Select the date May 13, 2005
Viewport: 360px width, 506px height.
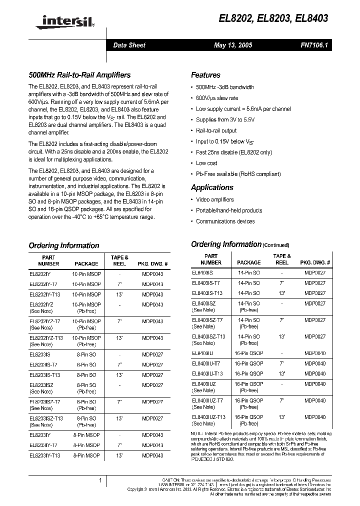[233, 45]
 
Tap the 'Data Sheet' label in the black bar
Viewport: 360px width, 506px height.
[129, 45]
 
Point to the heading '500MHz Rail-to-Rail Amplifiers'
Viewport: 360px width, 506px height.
[79, 75]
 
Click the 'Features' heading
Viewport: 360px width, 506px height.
[205, 75]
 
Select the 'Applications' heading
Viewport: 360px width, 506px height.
[212, 187]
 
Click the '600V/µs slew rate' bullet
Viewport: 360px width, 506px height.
[217, 98]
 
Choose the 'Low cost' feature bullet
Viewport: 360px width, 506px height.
[206, 163]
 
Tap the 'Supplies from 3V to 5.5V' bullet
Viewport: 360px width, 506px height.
[225, 120]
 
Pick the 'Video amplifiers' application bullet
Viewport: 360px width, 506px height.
[215, 199]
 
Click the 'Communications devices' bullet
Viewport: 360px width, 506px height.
[225, 221]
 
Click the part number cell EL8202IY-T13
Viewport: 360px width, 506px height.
[45, 294]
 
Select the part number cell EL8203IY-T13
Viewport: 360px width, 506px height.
[45, 455]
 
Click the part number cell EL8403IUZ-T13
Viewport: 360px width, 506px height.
[208, 417]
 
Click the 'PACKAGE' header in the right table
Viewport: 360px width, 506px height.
[248, 262]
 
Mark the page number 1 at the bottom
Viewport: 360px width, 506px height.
[100, 480]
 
